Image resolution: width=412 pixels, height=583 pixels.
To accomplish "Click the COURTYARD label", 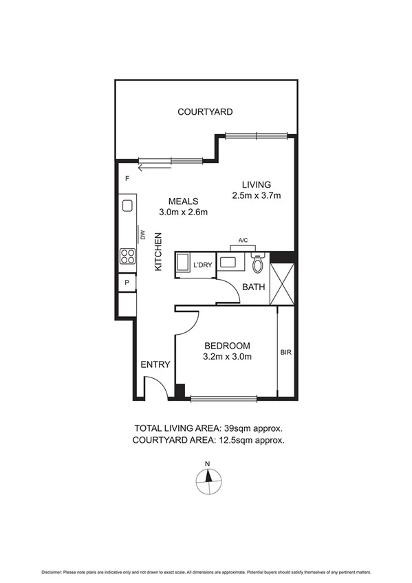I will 205,111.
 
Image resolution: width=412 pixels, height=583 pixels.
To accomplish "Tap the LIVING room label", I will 257,184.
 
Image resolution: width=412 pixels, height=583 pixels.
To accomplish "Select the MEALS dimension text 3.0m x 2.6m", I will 184,212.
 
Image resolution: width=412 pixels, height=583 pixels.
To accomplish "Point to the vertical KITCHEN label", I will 158,252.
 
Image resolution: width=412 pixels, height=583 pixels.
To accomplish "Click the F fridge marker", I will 127,179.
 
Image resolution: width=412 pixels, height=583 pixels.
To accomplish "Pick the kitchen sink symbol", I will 127,205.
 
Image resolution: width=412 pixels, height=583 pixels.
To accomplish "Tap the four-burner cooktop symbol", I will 127,256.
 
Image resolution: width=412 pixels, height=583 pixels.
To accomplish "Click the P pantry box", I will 127,283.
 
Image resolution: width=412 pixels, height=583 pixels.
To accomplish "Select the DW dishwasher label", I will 143,234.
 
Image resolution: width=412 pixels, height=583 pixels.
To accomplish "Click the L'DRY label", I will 202,265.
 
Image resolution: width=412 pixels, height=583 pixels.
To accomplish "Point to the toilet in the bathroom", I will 258,264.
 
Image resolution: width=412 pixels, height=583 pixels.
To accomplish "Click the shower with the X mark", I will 283,284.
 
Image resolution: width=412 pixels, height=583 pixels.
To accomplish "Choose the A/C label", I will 243,241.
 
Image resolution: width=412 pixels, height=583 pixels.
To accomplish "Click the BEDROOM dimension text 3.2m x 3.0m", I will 228,357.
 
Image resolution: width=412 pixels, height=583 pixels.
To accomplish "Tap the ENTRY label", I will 155,365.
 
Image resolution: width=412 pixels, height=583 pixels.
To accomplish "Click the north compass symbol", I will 206,480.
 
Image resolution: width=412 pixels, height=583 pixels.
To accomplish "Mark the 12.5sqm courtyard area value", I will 236,439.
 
